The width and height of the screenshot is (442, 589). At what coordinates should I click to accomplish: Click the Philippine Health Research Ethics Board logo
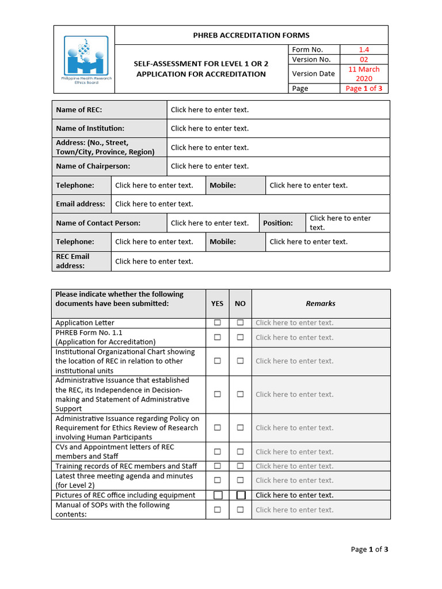coord(86,58)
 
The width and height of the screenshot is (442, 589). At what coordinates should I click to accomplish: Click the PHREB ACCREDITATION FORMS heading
coord(251,35)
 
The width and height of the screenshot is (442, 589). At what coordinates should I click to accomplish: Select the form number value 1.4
coord(364,50)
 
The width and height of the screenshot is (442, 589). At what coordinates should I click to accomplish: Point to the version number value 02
coord(364,59)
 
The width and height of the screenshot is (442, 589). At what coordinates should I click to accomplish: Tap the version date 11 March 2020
coord(364,74)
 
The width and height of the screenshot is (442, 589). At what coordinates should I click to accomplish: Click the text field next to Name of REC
coord(278,110)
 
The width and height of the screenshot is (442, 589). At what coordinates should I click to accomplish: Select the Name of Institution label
coord(90,128)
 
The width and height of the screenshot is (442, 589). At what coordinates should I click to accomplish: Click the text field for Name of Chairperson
coord(278,166)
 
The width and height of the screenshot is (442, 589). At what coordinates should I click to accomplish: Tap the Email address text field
coord(250,204)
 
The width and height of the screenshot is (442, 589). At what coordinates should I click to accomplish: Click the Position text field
coord(348,223)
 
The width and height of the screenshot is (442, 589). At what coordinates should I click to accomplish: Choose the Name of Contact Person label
coord(98,223)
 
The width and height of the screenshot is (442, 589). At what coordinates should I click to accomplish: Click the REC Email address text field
coord(250,261)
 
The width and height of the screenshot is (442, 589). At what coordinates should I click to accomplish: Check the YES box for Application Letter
coord(218,323)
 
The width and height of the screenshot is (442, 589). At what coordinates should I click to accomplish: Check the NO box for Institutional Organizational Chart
coord(240,361)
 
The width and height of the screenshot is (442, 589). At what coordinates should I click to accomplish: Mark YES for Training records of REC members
coord(218,466)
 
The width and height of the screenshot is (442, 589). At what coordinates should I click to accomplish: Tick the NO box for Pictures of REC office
coord(241,495)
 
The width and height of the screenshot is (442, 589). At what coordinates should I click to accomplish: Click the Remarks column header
coord(321,303)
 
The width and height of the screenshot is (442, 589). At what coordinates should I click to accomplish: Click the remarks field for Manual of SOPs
coord(321,510)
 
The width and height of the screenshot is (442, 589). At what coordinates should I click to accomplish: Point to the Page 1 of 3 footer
coord(369,549)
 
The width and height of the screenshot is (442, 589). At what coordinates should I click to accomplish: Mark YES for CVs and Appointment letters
coord(218,452)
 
